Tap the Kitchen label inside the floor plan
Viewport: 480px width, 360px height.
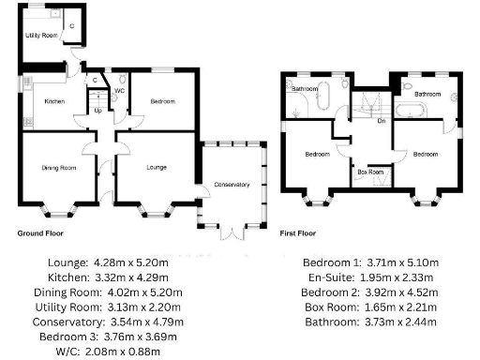[x=53, y=101]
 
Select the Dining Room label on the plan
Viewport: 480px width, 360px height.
[x=58, y=168]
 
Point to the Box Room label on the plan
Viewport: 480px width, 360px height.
[x=370, y=172]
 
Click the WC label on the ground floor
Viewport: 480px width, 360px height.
[x=120, y=92]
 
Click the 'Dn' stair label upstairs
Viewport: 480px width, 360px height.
[x=381, y=121]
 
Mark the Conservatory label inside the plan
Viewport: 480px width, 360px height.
[x=232, y=185]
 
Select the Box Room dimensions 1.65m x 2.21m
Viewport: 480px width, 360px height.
[x=420, y=308]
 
